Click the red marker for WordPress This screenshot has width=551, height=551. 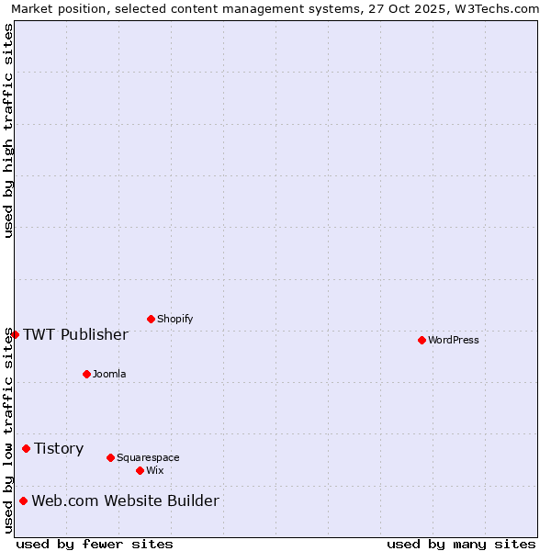[422, 340]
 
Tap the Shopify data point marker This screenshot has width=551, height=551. [151, 319]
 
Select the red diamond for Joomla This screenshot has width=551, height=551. [86, 374]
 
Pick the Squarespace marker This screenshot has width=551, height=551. [110, 457]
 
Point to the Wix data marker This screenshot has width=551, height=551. [140, 470]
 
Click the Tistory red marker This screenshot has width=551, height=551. [26, 448]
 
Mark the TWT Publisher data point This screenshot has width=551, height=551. [15, 334]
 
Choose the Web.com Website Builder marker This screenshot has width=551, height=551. [23, 500]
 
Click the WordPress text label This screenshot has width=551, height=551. [453, 340]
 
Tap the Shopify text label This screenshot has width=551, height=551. [174, 319]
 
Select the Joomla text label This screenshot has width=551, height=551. [109, 374]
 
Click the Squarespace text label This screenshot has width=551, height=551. [148, 457]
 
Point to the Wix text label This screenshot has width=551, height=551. [154, 470]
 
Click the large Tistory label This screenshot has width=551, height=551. [59, 448]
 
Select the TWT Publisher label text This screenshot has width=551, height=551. [75, 334]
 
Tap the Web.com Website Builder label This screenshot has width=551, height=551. [125, 500]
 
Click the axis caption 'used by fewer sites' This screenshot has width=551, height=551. [95, 544]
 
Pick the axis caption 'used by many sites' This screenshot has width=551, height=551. [461, 544]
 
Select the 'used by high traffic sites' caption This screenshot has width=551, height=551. [8, 130]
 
